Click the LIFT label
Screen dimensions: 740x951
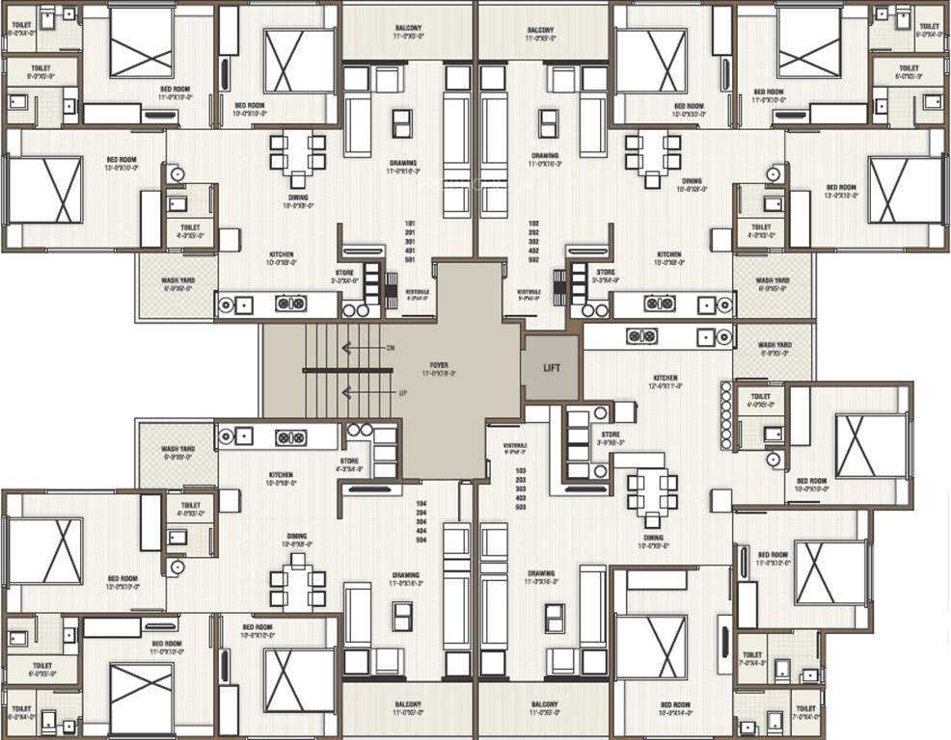coord(551,368)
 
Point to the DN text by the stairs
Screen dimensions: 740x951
coord(390,348)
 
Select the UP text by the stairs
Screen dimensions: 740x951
coord(390,393)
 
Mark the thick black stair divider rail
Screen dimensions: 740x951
coord(346,370)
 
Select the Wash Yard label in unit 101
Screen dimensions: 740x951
coord(178,285)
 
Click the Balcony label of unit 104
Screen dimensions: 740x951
coord(406,708)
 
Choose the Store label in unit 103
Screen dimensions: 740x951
coord(610,437)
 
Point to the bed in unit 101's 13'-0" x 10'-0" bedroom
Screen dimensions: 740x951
coord(44,190)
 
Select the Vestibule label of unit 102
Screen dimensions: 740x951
coord(528,292)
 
